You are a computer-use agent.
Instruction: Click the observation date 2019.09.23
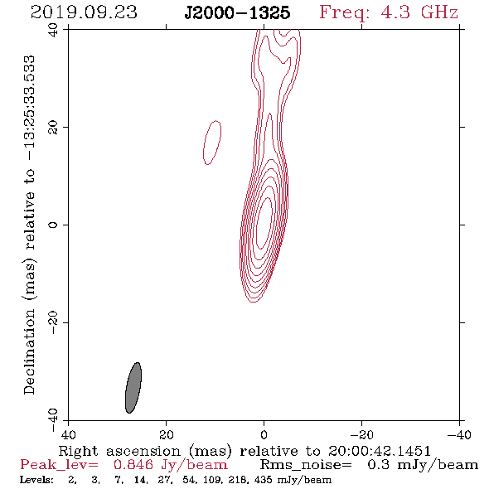(84, 12)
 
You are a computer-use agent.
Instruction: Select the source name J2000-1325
(237, 13)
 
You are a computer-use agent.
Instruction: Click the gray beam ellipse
(133, 388)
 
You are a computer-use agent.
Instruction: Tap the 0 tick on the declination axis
(53, 225)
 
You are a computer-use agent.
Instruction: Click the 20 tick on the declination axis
(53, 128)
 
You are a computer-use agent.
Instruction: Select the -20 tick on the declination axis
(53, 322)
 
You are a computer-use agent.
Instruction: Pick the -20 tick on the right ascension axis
(361, 434)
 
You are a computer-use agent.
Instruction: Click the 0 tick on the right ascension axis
(264, 434)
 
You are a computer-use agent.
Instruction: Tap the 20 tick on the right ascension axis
(167, 434)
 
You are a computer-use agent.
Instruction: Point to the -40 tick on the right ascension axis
(459, 434)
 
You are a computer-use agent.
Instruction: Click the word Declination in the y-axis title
(29, 351)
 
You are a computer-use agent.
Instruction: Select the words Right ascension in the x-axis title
(119, 451)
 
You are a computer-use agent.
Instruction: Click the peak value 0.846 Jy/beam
(170, 465)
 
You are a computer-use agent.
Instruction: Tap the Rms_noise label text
(306, 465)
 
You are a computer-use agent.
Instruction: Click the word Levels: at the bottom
(36, 480)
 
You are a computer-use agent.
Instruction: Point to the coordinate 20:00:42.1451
(379, 451)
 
